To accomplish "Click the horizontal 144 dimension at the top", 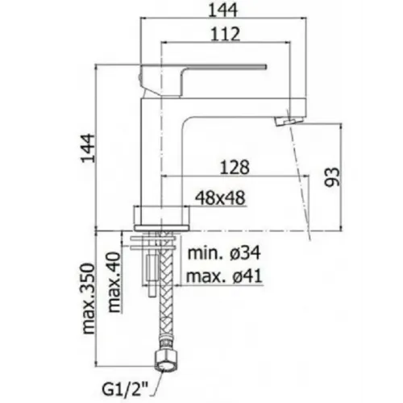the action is click(223, 10).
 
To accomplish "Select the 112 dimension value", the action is click(225, 34).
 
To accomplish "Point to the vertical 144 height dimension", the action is click(88, 148).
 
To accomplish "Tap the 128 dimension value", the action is click(235, 167).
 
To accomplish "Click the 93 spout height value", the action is click(332, 177).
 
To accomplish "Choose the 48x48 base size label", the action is click(220, 198).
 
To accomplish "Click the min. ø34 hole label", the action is click(224, 253).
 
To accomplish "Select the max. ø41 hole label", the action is click(224, 276).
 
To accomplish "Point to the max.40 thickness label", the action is click(114, 282).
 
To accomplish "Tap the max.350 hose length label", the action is click(89, 299).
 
